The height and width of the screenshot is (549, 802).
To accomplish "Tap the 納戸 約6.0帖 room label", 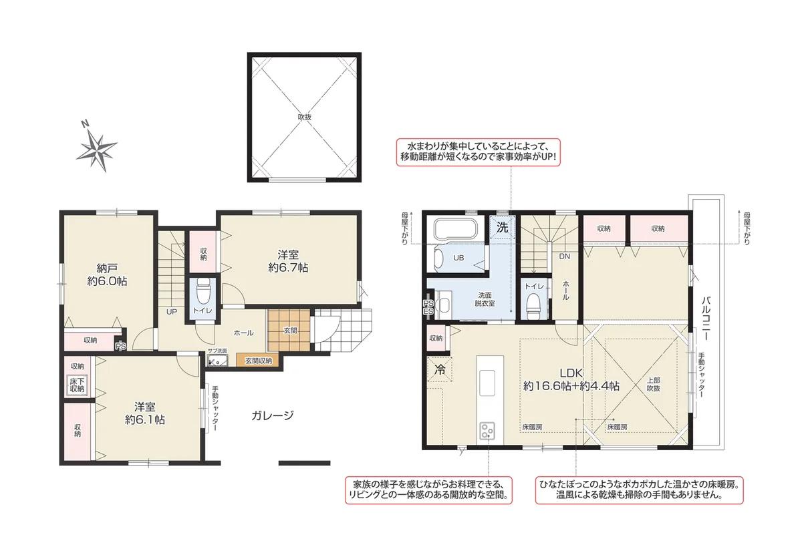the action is (x=107, y=274).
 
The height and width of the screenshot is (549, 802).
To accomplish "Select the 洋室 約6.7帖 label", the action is (x=288, y=261).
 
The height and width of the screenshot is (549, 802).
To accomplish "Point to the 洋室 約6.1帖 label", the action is (x=145, y=413).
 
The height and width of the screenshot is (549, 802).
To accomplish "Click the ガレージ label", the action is (x=272, y=415).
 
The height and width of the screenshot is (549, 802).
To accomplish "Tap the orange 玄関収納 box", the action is (x=259, y=361).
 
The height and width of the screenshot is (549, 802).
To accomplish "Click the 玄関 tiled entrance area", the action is (x=289, y=331).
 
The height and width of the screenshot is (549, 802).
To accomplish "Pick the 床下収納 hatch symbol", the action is (x=77, y=385).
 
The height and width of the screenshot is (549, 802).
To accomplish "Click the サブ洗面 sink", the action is (x=217, y=361).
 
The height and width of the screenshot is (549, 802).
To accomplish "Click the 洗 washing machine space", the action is (x=503, y=228).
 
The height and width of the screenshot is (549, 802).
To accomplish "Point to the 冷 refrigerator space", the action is (x=439, y=370).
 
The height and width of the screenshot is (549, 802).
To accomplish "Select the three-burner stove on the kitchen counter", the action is (x=487, y=431).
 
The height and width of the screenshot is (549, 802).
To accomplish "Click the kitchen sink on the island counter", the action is (x=487, y=383).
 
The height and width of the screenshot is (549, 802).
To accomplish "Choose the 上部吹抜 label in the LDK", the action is (x=654, y=385).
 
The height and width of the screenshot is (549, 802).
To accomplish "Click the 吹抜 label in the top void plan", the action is (x=305, y=117).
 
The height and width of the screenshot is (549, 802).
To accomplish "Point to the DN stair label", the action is (x=565, y=256).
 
